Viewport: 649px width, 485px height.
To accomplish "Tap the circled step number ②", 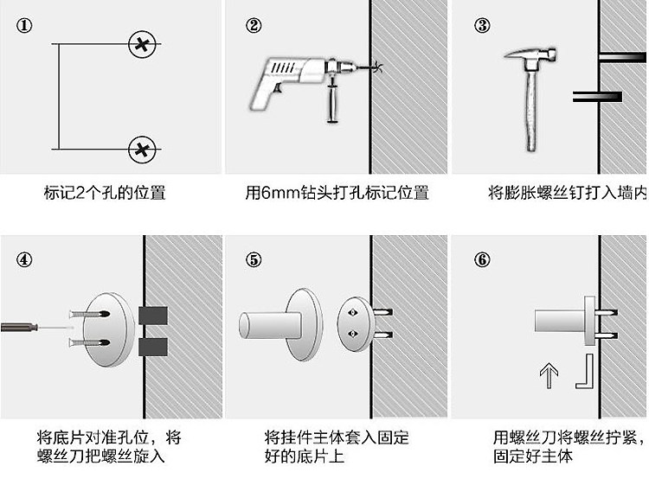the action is (254, 26).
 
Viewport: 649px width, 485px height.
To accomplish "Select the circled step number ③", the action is (483, 26).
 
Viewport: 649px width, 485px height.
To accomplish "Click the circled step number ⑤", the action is (254, 259).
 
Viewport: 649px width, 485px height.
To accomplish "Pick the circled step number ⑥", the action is (483, 259).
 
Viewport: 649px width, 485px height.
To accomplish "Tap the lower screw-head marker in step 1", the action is (142, 149).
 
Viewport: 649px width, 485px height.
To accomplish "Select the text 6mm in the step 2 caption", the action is (279, 192).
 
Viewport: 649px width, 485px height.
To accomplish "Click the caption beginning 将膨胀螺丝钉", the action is (567, 192).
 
